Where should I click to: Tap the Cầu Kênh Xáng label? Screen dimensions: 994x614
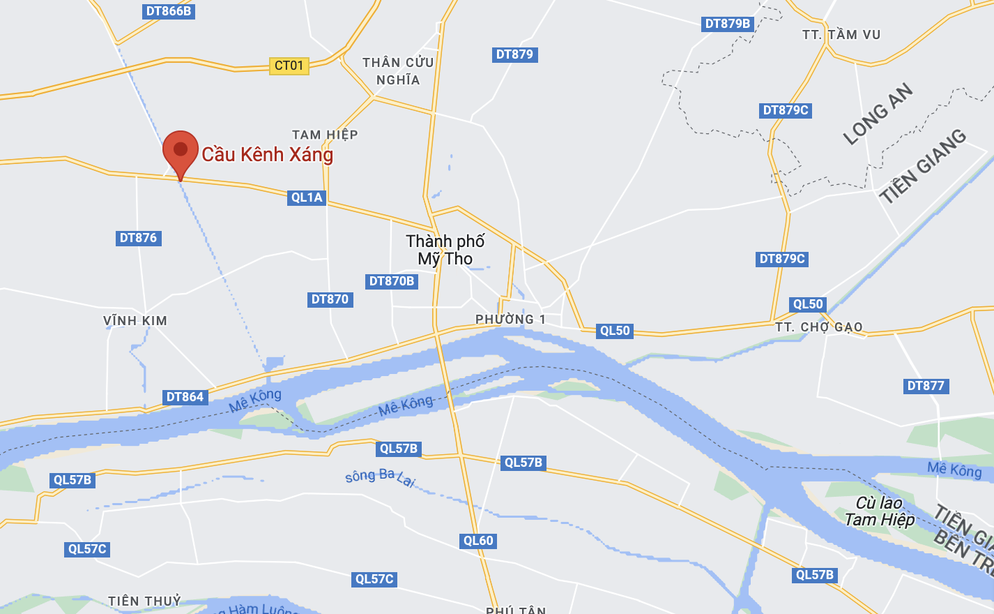coord(267,154)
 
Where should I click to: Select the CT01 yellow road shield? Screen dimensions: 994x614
coord(289,66)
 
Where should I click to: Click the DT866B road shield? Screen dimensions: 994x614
coord(169,11)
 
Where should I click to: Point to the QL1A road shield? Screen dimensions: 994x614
coord(307,197)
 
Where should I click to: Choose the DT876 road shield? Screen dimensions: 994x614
coord(138,238)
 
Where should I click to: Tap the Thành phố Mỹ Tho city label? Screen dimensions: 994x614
coord(445,250)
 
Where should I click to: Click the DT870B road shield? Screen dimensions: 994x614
coord(392,281)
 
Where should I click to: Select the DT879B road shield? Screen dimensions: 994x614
coord(728,24)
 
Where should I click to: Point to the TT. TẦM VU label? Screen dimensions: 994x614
coord(841,35)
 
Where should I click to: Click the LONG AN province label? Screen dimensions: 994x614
coord(878,114)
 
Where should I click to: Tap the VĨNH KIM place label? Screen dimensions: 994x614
coord(135,321)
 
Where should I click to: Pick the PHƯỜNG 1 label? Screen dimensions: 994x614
coord(510,320)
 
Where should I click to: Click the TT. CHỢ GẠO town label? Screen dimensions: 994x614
coord(819,327)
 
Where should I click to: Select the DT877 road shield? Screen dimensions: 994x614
coord(926,386)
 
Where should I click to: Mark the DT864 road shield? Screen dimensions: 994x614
coord(185,397)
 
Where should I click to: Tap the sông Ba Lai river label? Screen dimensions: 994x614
coord(381,478)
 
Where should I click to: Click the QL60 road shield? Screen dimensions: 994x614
coord(478,541)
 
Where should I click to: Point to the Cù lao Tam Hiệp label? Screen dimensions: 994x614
coord(879,511)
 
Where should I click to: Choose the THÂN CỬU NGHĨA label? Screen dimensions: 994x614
coord(398,71)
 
